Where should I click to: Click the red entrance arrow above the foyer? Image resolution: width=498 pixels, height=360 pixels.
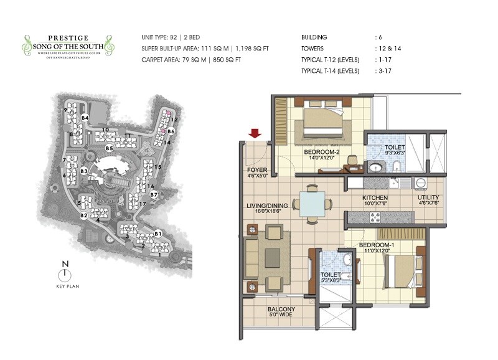(x=254, y=133)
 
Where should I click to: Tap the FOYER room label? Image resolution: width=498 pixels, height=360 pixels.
(x=257, y=168)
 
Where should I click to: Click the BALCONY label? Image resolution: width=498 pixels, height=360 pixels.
(x=281, y=310)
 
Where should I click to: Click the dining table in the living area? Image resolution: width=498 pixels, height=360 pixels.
(x=311, y=202)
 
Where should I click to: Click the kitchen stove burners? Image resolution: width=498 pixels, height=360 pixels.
(x=375, y=217)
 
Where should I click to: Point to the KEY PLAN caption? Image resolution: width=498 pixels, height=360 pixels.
(x=63, y=287)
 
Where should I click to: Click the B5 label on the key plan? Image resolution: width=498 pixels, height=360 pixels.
(x=109, y=148)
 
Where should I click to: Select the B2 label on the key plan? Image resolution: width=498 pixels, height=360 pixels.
(x=83, y=215)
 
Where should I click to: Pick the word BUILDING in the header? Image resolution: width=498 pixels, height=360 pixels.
(x=314, y=37)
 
